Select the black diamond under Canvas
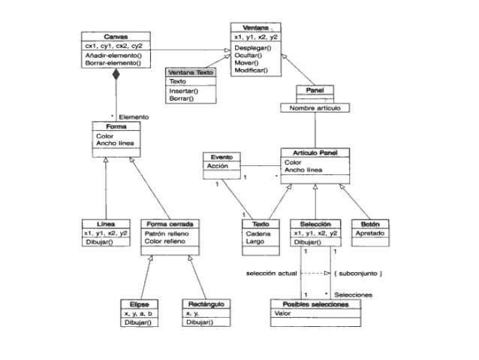[x=116, y=76]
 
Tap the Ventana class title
[x=257, y=26]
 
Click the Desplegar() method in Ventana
[x=251, y=47]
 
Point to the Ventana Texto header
[x=191, y=72]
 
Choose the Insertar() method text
[x=182, y=90]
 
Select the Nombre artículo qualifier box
[x=315, y=108]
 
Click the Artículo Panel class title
[x=315, y=153]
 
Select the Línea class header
[x=104, y=223]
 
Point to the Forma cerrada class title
[x=170, y=223]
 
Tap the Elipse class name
[x=139, y=304]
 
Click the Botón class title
[x=371, y=223]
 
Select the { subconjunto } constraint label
[x=361, y=273]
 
